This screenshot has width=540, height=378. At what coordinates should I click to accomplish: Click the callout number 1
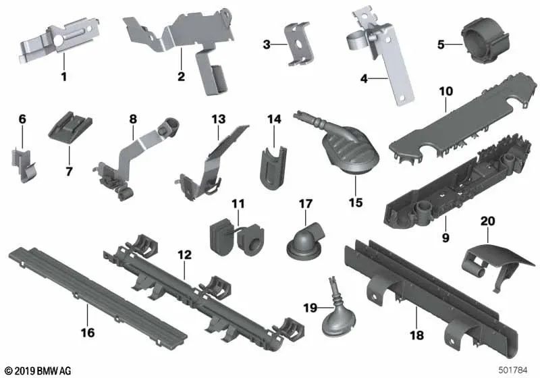(x=63, y=76)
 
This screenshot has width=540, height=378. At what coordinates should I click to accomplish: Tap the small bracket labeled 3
(x=299, y=44)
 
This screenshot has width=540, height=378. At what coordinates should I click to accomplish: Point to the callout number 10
(x=446, y=92)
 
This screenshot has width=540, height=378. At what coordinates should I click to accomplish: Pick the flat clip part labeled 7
(x=70, y=126)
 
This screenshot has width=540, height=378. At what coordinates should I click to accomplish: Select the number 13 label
(x=218, y=119)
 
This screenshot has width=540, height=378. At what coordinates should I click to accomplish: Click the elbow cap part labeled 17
(x=305, y=241)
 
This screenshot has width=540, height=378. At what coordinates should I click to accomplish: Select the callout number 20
(x=487, y=221)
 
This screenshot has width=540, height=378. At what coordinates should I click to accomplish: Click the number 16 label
(x=88, y=333)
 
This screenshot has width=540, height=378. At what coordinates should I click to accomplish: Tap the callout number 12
(x=184, y=255)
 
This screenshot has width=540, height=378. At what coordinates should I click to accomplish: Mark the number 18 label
(x=416, y=335)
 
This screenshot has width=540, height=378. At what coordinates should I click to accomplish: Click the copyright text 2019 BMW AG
(x=38, y=371)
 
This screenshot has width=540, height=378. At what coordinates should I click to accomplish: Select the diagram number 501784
(x=513, y=371)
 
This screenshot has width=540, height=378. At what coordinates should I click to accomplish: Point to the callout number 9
(x=446, y=238)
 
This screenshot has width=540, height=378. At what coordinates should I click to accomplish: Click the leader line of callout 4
(x=379, y=79)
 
